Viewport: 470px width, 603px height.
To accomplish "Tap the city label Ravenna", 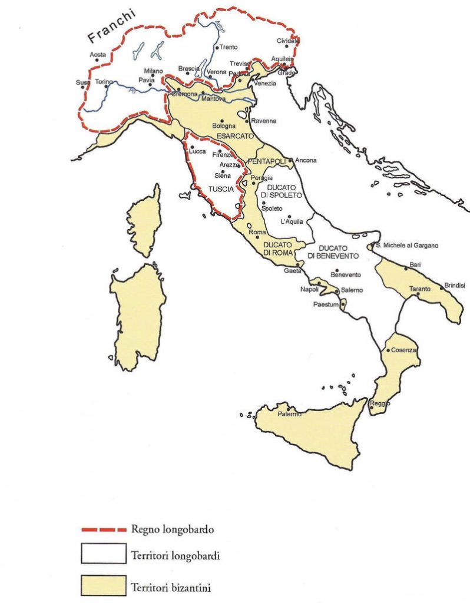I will point(263,121).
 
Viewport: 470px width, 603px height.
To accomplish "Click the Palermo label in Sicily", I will point(289,414).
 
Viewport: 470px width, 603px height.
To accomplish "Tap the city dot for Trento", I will point(217,47).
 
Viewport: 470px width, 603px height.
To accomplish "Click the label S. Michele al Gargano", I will point(407,245).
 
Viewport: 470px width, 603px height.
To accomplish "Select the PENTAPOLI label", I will point(267,161).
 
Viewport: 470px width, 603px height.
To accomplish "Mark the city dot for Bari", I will point(405,269).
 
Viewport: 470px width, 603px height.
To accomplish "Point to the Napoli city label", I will point(309,289).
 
